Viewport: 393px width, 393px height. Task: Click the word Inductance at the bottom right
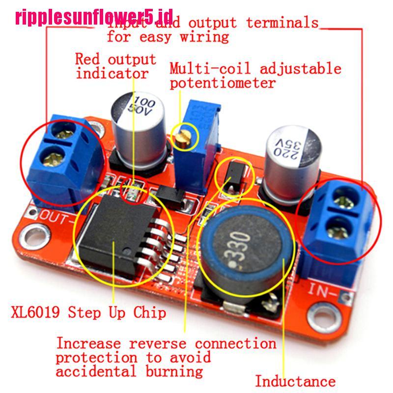[x=295, y=381]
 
